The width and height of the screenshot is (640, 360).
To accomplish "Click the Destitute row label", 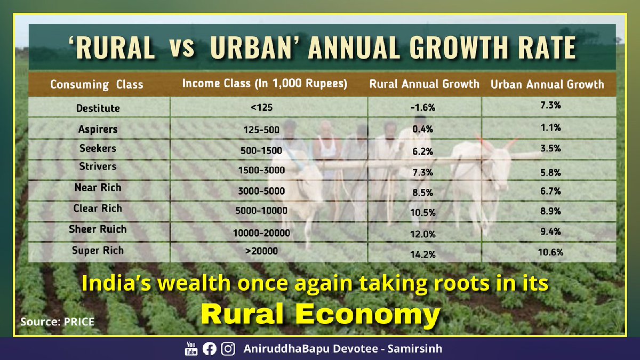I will tap(97, 108).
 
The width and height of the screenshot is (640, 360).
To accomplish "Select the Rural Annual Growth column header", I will tap(425, 84).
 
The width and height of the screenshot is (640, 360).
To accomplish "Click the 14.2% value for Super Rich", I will tap(423, 255).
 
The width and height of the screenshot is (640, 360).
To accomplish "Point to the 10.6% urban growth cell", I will tap(549, 252).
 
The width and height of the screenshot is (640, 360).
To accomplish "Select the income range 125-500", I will tap(261, 130).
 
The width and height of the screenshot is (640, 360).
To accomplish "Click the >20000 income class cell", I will tap(261, 250).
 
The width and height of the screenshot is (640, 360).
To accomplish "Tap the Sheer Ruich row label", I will tap(98, 229).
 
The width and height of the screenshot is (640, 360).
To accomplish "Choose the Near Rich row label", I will tap(98, 187).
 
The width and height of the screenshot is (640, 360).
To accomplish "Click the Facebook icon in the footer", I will tap(210, 349).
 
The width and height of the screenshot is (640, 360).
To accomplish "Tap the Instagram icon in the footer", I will tap(228, 349).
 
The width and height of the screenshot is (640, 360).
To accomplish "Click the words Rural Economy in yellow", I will tap(320, 315).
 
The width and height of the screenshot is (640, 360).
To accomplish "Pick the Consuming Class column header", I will tap(97, 85).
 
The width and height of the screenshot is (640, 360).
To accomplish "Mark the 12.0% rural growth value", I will tap(423, 234).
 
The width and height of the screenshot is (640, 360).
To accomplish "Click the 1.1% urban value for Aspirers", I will tap(549, 129).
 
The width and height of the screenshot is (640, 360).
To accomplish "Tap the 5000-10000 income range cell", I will tap(261, 211).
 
